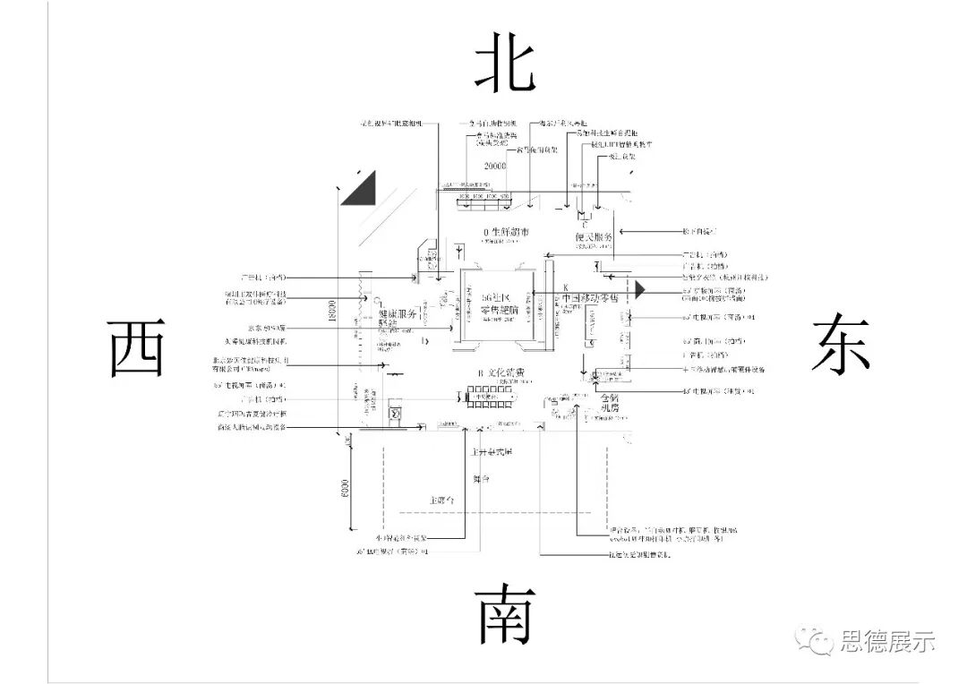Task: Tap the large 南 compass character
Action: (x=506, y=616)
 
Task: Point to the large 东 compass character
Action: (x=841, y=342)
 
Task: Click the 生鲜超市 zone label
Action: (x=506, y=232)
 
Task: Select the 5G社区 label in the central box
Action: (x=494, y=298)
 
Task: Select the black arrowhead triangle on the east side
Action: (x=640, y=289)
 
